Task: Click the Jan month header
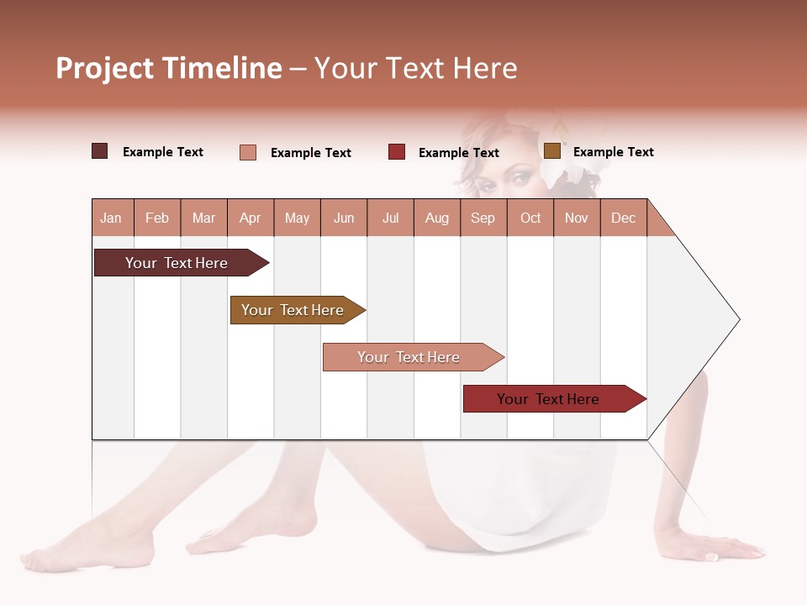(x=111, y=218)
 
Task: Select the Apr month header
(x=251, y=218)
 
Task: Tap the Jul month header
(x=390, y=218)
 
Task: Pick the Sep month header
(x=483, y=218)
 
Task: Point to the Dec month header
(x=623, y=218)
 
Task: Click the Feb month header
(x=157, y=218)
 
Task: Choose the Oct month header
(x=530, y=218)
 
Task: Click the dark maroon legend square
(x=100, y=151)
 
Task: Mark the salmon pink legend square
(x=248, y=152)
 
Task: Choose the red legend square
(x=397, y=152)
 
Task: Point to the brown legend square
(x=552, y=151)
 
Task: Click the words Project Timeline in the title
(x=168, y=68)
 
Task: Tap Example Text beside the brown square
(x=613, y=152)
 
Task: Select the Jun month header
(x=344, y=218)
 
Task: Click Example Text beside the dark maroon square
(x=163, y=152)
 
